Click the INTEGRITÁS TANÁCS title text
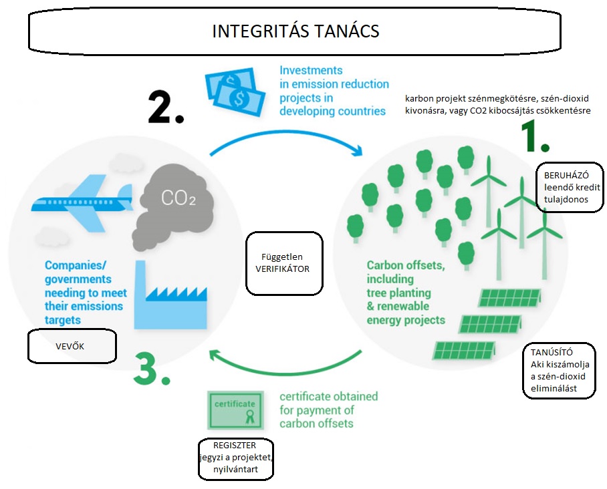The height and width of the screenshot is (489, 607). point(295,31)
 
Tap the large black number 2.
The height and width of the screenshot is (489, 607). point(166,107)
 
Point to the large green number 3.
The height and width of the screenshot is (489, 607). point(152,368)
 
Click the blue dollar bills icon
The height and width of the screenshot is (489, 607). point(235,92)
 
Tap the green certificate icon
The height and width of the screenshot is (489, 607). point(235,410)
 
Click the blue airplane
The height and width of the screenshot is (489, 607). point(82,202)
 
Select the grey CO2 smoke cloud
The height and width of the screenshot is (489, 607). point(172,206)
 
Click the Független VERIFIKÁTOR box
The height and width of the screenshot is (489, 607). point(284,263)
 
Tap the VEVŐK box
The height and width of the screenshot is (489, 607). point(72,346)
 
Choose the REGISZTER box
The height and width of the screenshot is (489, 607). point(236,459)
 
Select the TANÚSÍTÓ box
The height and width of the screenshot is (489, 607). point(559,370)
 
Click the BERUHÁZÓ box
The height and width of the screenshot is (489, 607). point(570,187)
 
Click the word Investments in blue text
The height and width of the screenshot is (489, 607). point(311,70)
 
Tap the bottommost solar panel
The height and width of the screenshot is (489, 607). point(464,350)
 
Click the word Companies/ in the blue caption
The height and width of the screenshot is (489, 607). point(76,265)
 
